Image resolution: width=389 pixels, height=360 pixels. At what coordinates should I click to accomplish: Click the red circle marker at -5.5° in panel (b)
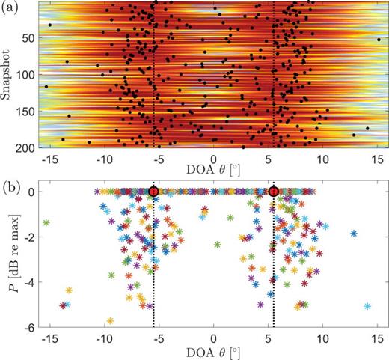(x=153, y=192)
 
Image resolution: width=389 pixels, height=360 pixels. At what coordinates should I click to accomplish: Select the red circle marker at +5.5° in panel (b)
(x=274, y=192)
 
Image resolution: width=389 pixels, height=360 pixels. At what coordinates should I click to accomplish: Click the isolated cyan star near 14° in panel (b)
(x=367, y=306)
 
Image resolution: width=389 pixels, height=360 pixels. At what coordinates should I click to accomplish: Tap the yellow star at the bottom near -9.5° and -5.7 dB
(x=110, y=321)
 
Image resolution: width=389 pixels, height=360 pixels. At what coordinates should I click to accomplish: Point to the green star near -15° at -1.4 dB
(x=46, y=223)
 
